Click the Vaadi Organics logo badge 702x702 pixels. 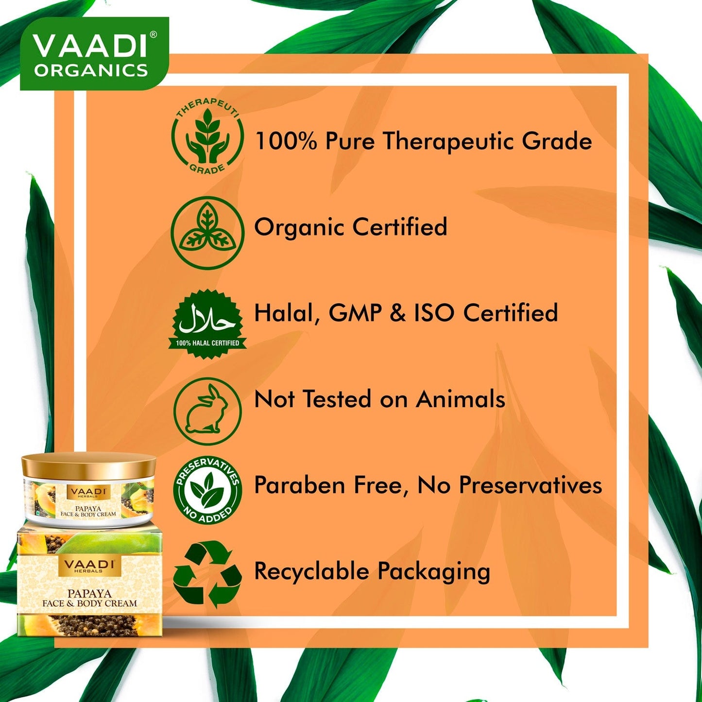(x=94, y=53)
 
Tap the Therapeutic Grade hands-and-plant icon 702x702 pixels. (x=207, y=140)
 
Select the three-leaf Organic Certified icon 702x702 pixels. (x=207, y=232)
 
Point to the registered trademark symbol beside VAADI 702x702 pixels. (x=154, y=35)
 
